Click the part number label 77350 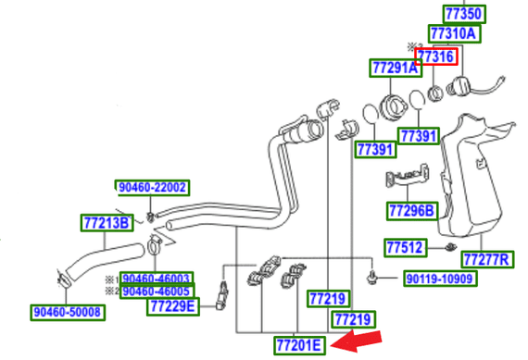463,14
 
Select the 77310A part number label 453,34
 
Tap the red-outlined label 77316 435,56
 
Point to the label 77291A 394,68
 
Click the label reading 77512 404,247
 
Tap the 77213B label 106,221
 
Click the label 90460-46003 156,278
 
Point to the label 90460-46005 156,291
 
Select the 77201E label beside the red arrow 298,345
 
